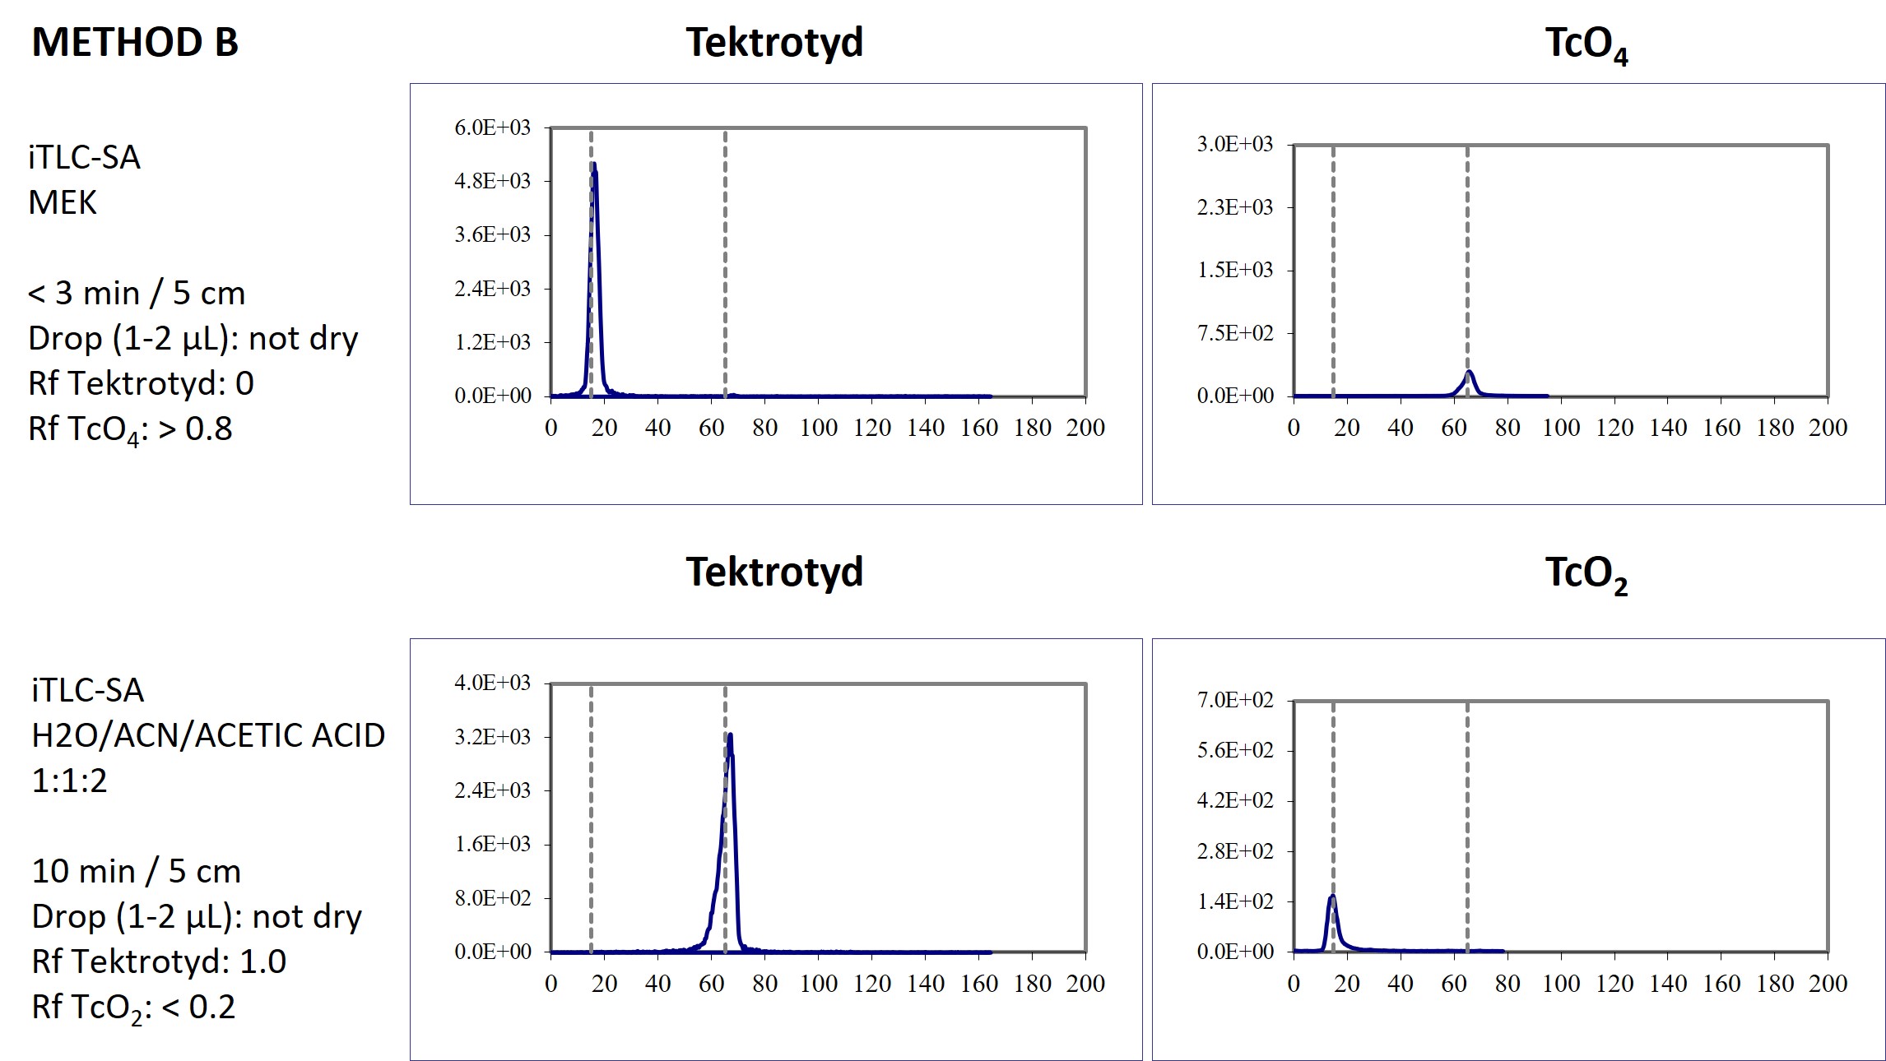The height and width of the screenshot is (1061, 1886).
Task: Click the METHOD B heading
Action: point(135,43)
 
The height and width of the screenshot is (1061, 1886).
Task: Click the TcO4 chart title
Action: point(1586,44)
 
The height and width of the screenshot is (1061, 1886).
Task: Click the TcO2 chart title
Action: point(1586,573)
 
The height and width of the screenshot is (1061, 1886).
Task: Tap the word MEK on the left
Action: point(63,202)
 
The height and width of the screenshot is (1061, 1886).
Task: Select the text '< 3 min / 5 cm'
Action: point(137,293)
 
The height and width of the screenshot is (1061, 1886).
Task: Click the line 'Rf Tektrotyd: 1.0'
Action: point(159,961)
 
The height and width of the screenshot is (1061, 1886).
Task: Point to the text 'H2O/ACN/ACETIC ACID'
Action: point(208,735)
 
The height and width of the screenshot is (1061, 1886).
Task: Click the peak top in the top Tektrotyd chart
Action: point(593,166)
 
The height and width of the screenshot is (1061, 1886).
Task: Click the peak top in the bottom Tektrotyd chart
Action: point(730,736)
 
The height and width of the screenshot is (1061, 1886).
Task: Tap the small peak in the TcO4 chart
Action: point(1469,373)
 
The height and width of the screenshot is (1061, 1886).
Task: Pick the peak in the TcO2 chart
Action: point(1332,897)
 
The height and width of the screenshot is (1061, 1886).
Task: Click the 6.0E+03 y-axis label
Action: point(492,127)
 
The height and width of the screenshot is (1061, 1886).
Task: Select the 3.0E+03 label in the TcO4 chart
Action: point(1234,144)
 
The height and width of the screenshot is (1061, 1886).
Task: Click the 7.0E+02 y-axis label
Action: point(1234,700)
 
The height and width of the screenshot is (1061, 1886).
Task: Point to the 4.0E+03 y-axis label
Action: point(492,683)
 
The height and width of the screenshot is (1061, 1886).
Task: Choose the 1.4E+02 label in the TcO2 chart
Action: point(1234,901)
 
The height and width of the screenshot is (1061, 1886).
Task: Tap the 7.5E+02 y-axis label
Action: point(1234,333)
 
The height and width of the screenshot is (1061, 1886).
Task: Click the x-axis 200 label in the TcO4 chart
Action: point(1828,428)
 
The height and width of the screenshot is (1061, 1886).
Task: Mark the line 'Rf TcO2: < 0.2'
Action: point(133,1008)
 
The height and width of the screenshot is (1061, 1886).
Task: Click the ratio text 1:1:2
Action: point(69,781)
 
